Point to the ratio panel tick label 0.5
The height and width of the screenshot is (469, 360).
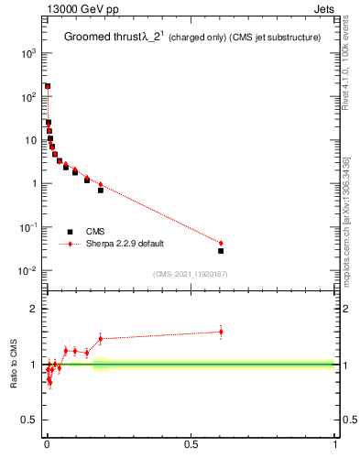(x=28, y=420)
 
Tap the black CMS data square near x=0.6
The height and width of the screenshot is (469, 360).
(x=221, y=250)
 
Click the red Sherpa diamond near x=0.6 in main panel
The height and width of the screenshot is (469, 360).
(x=221, y=243)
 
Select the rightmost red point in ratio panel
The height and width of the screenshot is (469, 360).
(x=221, y=332)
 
